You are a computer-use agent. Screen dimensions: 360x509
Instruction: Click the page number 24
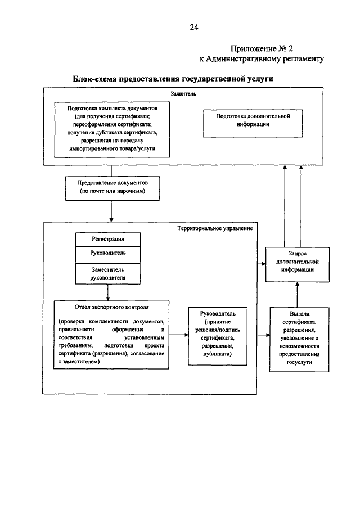tap(194, 27)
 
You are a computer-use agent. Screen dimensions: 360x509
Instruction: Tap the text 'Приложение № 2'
tap(262, 49)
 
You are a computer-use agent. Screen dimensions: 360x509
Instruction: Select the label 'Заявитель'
tap(183, 94)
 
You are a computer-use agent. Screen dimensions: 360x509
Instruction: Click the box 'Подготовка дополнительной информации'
tap(253, 123)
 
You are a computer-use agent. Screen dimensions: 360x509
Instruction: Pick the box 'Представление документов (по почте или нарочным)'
tap(112, 188)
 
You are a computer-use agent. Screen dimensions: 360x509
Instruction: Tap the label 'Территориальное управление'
tap(215, 228)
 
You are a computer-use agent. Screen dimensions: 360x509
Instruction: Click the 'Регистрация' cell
tap(108, 240)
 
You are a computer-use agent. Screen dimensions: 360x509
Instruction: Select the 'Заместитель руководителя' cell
tap(108, 274)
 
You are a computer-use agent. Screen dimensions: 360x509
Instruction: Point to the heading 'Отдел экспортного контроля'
tap(112, 307)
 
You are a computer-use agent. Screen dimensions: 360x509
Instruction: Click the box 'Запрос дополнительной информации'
tap(298, 264)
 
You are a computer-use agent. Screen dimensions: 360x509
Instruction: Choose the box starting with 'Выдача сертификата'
tap(299, 340)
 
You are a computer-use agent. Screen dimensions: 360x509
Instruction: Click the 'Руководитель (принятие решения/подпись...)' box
tap(218, 336)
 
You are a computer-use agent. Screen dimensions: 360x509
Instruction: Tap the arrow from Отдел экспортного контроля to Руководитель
tap(178, 335)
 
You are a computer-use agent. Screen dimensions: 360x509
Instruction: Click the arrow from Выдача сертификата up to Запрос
tap(298, 295)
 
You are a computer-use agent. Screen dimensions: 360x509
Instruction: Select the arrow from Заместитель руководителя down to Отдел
tap(108, 292)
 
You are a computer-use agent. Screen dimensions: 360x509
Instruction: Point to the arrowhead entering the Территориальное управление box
tap(111, 220)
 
